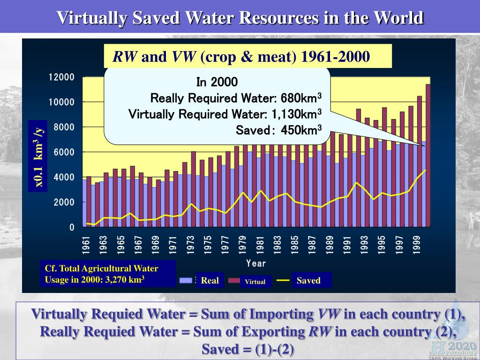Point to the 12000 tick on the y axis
pos(61,77)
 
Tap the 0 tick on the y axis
pos(72,228)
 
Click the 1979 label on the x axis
pos(242,245)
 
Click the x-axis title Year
pos(256,263)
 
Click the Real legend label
pos(210,281)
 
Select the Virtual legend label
pos(255,282)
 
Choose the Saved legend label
pos(308,281)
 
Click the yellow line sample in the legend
pos(283,280)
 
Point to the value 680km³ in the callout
pos(301,98)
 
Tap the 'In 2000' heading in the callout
pos(217,82)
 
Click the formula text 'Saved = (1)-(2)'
pos(248,350)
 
